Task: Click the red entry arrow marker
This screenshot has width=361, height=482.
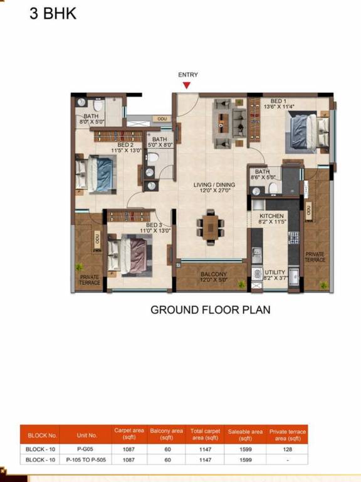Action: point(186,85)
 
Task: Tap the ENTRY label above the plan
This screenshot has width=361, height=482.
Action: point(188,75)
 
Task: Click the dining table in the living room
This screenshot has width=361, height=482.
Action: point(211,227)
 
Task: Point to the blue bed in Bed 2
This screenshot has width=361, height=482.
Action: point(96,174)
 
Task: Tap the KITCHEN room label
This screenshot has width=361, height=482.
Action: point(271,216)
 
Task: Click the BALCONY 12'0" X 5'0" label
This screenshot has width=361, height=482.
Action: point(214,277)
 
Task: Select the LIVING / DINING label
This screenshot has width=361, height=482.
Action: point(214,185)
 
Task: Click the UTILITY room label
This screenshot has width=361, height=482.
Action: point(275,272)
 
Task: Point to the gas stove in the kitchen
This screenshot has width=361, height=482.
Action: point(293,237)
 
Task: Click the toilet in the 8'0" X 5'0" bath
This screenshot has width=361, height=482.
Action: point(98,105)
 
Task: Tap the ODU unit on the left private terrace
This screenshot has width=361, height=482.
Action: point(97,241)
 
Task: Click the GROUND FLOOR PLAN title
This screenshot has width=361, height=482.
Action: point(211,309)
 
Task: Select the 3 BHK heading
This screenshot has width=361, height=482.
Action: point(53,14)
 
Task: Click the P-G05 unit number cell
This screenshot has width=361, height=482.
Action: point(85,449)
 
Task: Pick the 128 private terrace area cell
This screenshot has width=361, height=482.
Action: point(287,449)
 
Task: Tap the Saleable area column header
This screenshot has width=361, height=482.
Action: point(245,435)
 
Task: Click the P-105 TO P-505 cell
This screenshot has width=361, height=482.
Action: point(86,460)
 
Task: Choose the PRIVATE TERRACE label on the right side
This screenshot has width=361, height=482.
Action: point(315,257)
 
